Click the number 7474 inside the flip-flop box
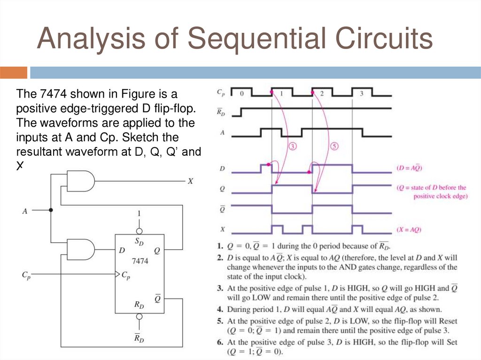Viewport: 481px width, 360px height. click(140, 261)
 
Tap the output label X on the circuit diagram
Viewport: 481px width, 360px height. click(190, 181)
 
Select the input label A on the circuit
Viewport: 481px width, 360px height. click(24, 211)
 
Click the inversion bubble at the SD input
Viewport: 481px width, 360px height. click(139, 231)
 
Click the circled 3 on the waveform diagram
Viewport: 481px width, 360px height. click(292, 146)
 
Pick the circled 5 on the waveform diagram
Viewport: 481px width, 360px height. click(334, 146)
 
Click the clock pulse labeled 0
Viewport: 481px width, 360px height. click(241, 93)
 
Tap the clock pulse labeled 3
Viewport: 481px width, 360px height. click(361, 93)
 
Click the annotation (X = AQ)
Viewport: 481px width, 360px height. click(408, 230)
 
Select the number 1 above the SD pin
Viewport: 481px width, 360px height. click(139, 214)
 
